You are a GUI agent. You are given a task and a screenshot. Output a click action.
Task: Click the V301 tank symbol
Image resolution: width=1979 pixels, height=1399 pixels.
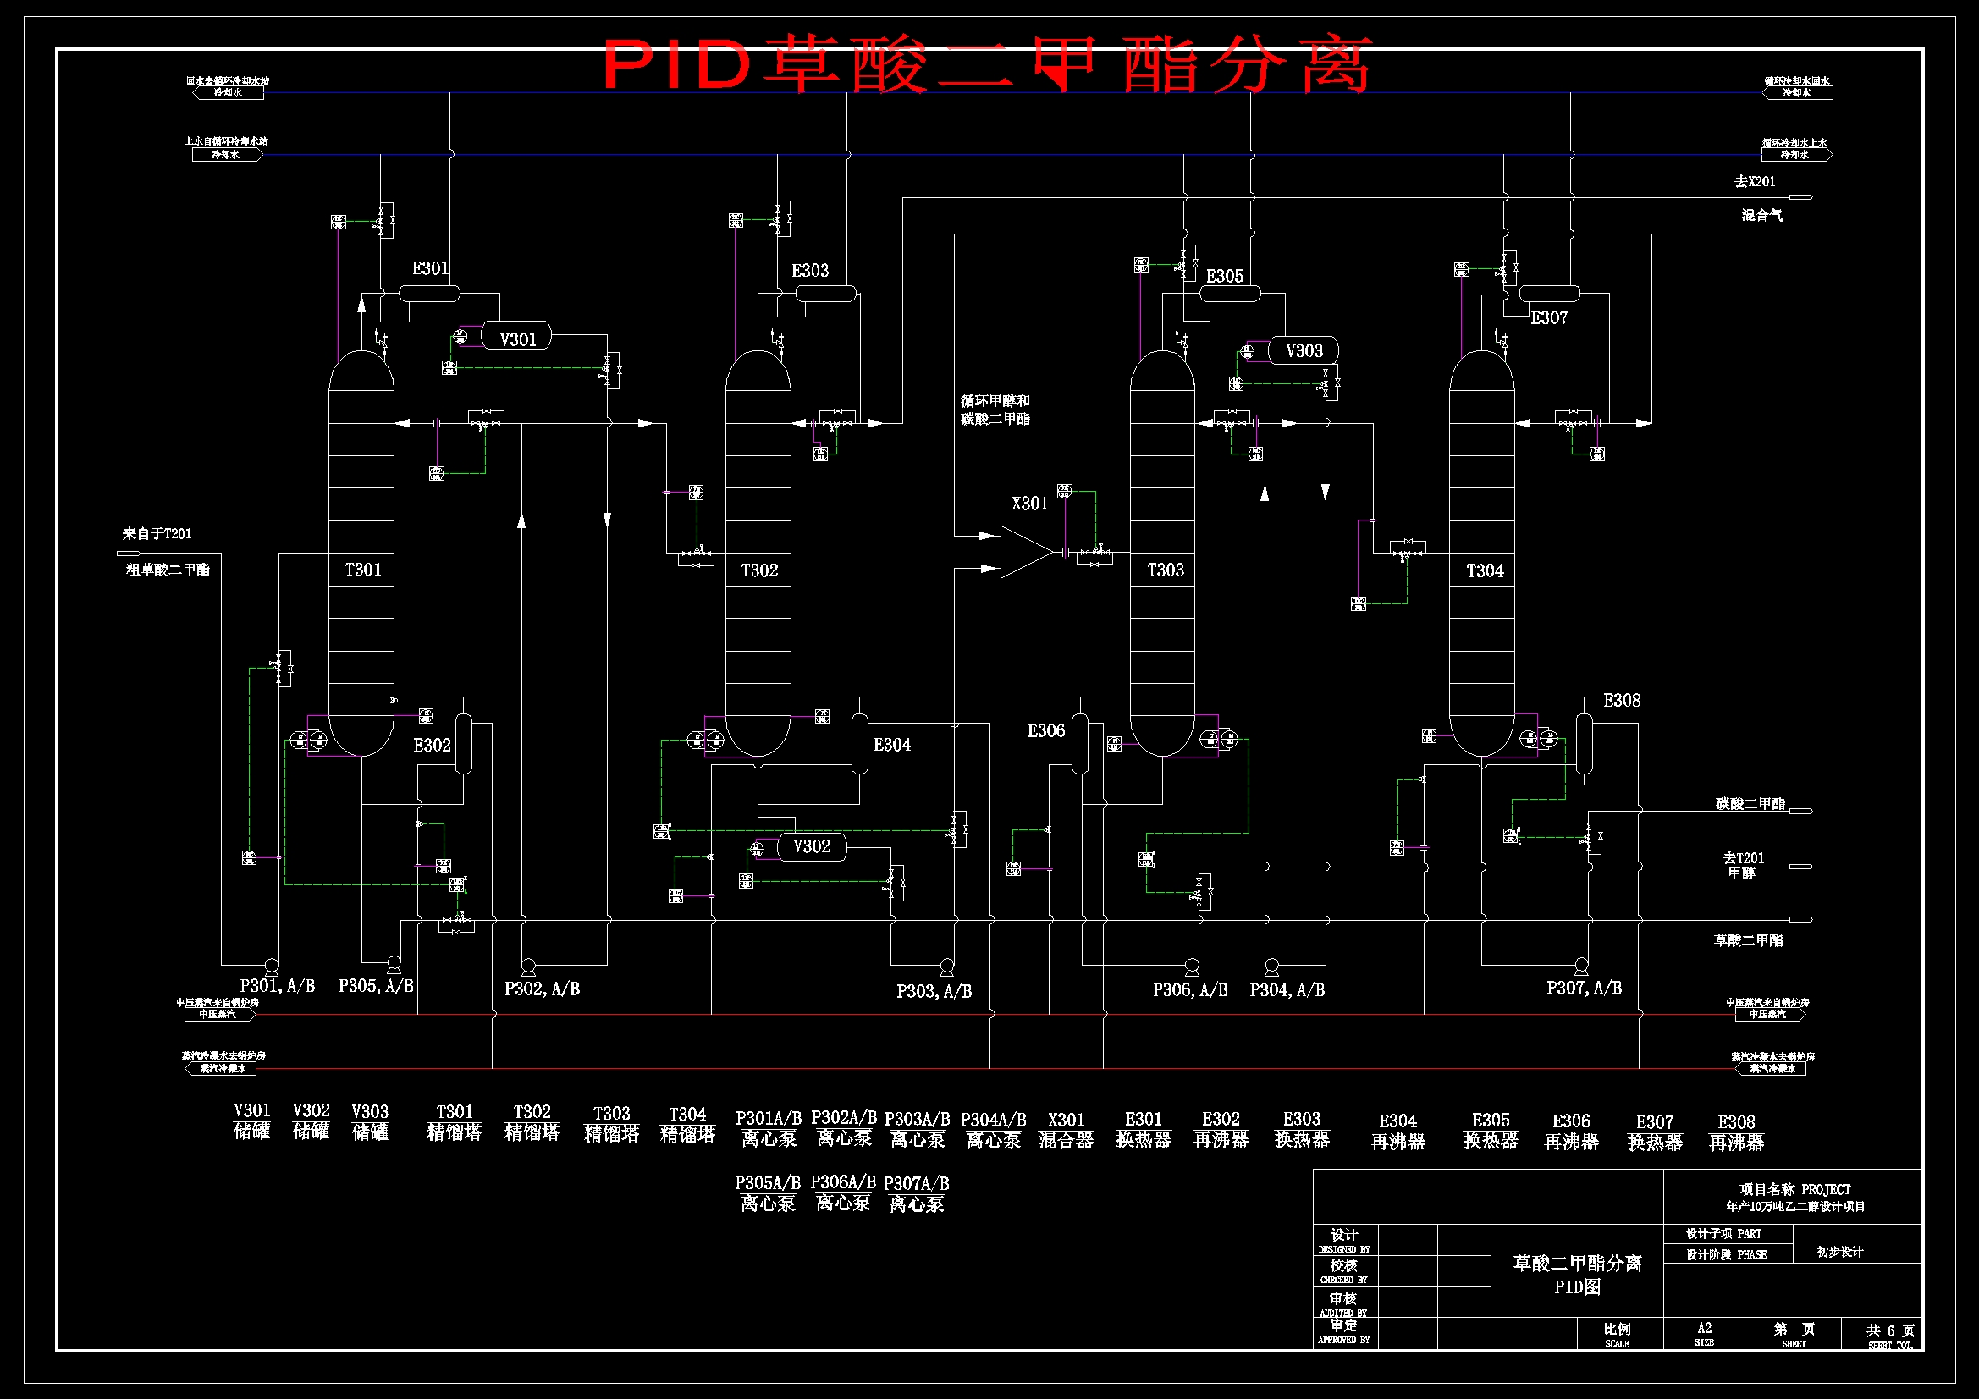coord(515,338)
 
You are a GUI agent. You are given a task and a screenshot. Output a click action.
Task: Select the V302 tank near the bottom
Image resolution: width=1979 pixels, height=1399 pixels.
coord(811,846)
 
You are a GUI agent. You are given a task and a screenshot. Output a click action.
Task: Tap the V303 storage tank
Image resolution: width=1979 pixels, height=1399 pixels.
coord(1303,351)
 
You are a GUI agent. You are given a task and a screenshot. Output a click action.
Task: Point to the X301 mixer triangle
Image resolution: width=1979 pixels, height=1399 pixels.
coord(1026,552)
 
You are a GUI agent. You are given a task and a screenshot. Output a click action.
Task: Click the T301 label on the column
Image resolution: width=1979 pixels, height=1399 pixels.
coord(363,570)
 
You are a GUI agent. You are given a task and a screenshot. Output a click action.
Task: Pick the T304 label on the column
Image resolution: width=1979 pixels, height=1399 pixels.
coord(1485,570)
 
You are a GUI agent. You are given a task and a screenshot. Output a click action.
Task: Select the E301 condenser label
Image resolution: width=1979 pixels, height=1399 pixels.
coord(430,268)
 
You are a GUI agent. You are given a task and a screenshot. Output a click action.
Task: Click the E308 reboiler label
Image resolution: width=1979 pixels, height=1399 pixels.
coord(1621,701)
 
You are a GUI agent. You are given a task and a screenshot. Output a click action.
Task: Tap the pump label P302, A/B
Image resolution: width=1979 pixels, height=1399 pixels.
coord(541,989)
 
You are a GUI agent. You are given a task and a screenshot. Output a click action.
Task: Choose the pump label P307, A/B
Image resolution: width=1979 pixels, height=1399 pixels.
coord(1584,988)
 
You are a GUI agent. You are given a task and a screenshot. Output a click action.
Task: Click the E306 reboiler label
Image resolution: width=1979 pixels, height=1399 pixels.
coord(1045,731)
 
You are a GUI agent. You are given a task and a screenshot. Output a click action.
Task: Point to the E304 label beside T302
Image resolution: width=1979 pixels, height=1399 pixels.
coord(891,745)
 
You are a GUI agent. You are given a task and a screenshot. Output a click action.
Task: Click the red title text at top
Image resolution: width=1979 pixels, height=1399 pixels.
coord(986,64)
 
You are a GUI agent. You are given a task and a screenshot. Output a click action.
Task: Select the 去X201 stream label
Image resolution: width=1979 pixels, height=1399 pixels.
coord(1754,181)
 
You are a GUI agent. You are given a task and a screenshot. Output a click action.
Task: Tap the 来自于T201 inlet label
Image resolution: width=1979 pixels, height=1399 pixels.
coord(157,533)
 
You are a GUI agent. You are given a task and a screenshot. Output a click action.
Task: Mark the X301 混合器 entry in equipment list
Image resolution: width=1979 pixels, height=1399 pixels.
coord(1066,1130)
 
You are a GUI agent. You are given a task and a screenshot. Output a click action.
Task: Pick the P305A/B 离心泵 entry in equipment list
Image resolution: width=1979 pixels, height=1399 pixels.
coord(767,1193)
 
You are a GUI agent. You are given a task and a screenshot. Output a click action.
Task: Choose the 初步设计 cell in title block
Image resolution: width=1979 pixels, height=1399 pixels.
coord(1839,1252)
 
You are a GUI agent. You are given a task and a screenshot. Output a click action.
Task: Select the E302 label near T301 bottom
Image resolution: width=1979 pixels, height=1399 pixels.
coord(432,745)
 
